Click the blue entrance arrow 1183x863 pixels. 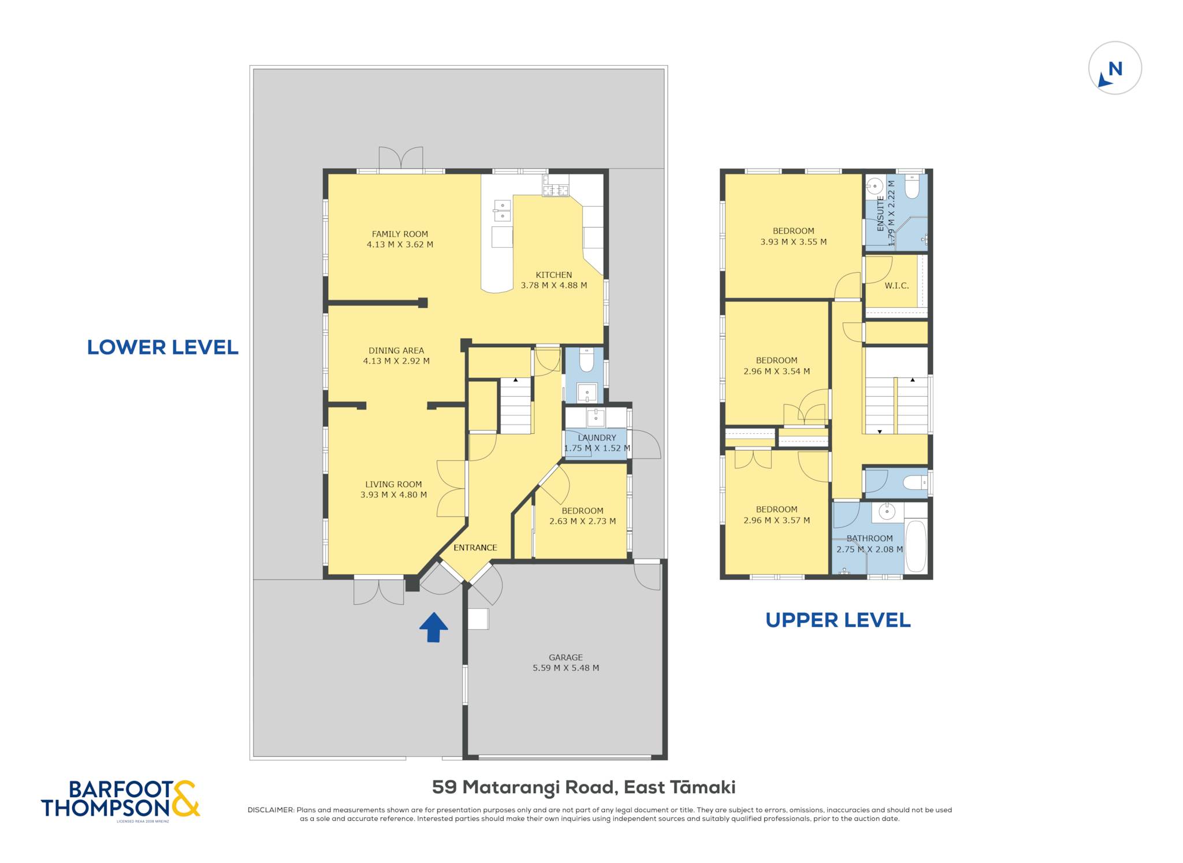tap(433, 627)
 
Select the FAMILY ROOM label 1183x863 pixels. tap(400, 234)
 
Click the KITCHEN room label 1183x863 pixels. tap(554, 275)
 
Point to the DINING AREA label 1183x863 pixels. tap(396, 351)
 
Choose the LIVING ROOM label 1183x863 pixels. tap(393, 485)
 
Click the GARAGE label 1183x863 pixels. tap(566, 657)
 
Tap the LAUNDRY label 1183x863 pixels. tap(597, 438)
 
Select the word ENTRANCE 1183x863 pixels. tap(475, 548)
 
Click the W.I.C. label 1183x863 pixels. tap(896, 286)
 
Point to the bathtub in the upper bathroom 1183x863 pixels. tap(916, 546)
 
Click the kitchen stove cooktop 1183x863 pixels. tap(555, 189)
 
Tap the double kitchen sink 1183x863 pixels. tap(502, 211)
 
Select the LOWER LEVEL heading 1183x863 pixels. tap(162, 347)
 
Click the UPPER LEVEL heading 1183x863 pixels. tap(838, 620)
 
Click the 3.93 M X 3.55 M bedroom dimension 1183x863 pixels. tap(793, 242)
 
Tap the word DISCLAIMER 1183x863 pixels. tap(270, 810)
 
